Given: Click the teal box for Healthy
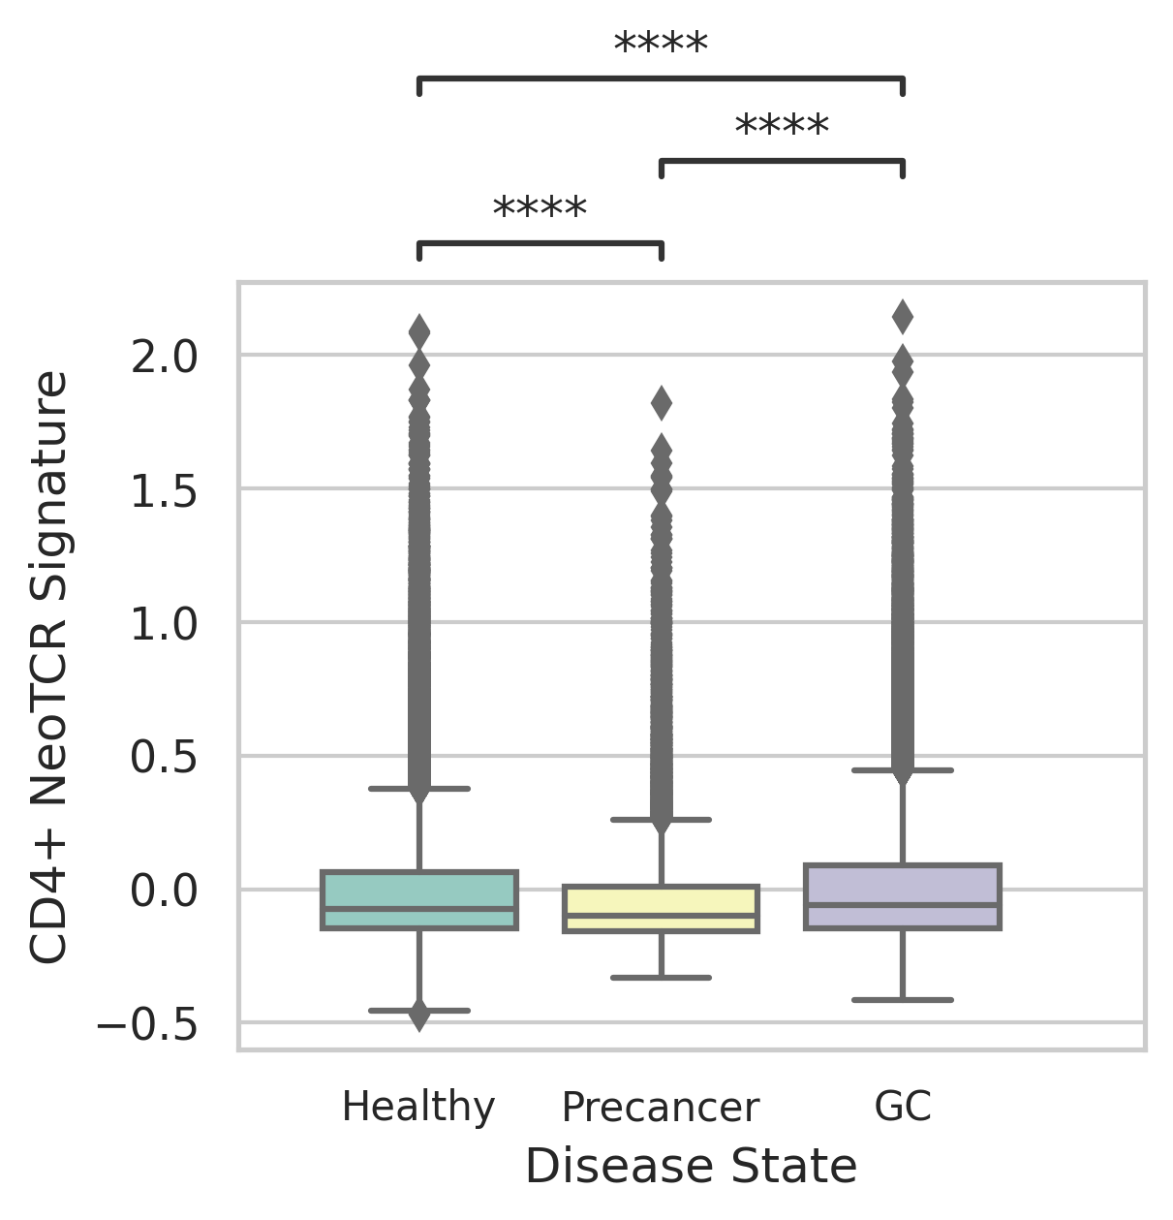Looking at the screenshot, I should coord(419,900).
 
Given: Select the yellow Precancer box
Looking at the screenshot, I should coord(661,908).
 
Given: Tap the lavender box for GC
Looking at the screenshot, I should coord(903,896).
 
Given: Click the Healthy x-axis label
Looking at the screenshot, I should coord(418,1107).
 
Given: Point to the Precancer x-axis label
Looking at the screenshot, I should coord(661,1107).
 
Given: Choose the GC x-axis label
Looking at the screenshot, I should coord(903,1107).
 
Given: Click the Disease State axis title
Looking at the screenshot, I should coord(691,1166).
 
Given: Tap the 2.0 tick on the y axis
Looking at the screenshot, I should coord(165,357).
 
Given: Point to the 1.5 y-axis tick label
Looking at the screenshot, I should coord(165,490).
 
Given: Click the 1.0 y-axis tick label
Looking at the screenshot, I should coord(165,623).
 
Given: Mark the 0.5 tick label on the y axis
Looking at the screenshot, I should coord(165,757).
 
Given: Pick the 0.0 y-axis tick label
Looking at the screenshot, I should coord(165,890).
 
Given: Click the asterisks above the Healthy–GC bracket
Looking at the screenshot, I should coord(661,46).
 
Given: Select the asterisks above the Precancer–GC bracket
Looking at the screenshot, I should coord(782,128).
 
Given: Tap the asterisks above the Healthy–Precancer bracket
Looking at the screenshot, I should coord(540,210).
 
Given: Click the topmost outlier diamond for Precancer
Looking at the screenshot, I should coord(662,402).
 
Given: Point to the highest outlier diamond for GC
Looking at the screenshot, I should coord(903,315).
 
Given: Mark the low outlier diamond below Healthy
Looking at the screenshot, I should coord(419,1016).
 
